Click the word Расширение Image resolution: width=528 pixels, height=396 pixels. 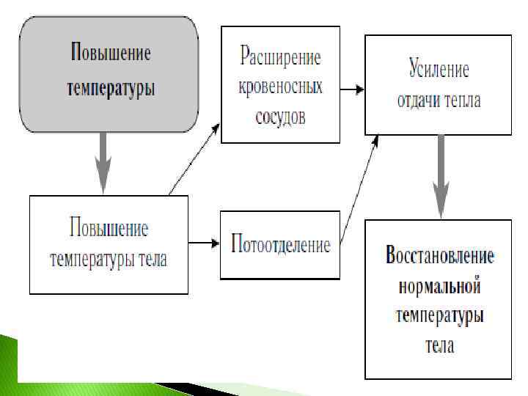coord(280,56)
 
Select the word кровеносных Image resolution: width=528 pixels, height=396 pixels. coord(280,87)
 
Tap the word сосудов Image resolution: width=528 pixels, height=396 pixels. coord(280,117)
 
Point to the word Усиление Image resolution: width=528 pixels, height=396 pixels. coord(439,71)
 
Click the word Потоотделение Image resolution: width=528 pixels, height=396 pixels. coord(280,244)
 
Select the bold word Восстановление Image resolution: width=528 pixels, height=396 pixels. coord(439,257)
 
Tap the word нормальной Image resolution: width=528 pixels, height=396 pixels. coord(439,286)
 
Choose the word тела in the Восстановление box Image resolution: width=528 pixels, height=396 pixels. coord(439,345)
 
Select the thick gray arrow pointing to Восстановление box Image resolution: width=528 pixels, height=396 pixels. coord(439,176)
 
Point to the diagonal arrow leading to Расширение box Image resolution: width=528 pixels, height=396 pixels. coord(194,158)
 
